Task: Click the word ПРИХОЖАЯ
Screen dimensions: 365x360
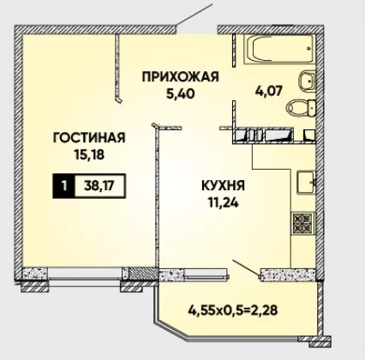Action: [x=180, y=77]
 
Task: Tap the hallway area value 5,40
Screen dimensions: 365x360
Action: [x=180, y=93]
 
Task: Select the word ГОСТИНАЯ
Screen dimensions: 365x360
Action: [x=89, y=138]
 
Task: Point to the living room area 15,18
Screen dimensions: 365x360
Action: [x=89, y=154]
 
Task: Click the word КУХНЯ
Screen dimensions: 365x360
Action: [x=223, y=186]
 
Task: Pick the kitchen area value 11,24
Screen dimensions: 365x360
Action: [x=223, y=202]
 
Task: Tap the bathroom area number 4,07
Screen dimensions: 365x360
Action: [x=268, y=91]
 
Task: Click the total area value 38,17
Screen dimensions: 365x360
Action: [x=99, y=186]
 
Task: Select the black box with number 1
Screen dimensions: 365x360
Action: [x=64, y=186]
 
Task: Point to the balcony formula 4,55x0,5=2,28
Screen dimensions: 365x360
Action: [x=232, y=310]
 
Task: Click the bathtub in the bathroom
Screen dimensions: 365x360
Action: [x=278, y=50]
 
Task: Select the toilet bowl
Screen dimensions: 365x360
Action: [x=301, y=108]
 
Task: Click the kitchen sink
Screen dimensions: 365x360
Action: [x=306, y=182]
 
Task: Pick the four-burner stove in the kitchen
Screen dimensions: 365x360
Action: [x=302, y=223]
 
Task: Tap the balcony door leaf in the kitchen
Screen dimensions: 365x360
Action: [x=246, y=268]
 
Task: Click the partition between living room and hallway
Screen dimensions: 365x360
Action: [x=117, y=68]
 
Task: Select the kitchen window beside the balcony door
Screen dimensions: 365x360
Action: [x=206, y=273]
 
